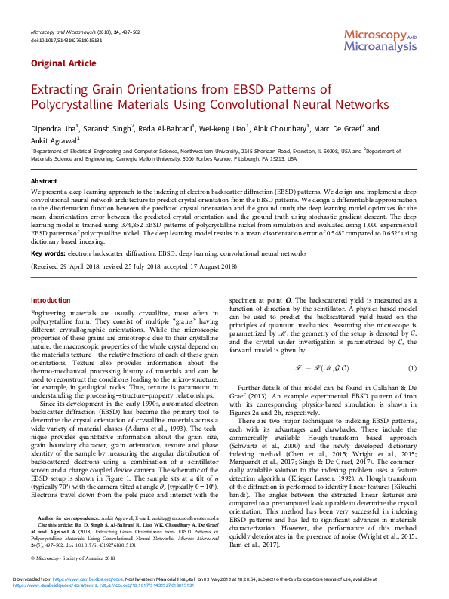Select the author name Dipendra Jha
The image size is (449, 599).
(x=51, y=129)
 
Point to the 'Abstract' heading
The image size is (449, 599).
(x=43, y=182)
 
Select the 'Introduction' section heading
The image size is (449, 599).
(x=50, y=299)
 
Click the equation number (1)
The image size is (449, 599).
(x=412, y=368)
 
